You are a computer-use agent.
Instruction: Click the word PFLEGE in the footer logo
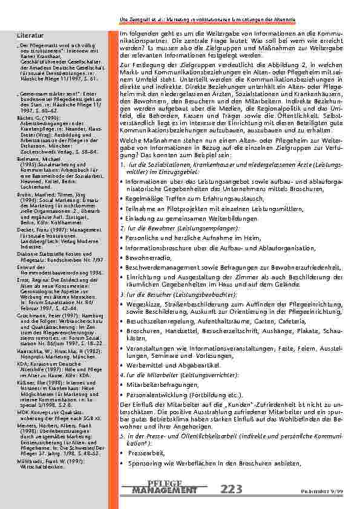pyautogui.click(x=164, y=484)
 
